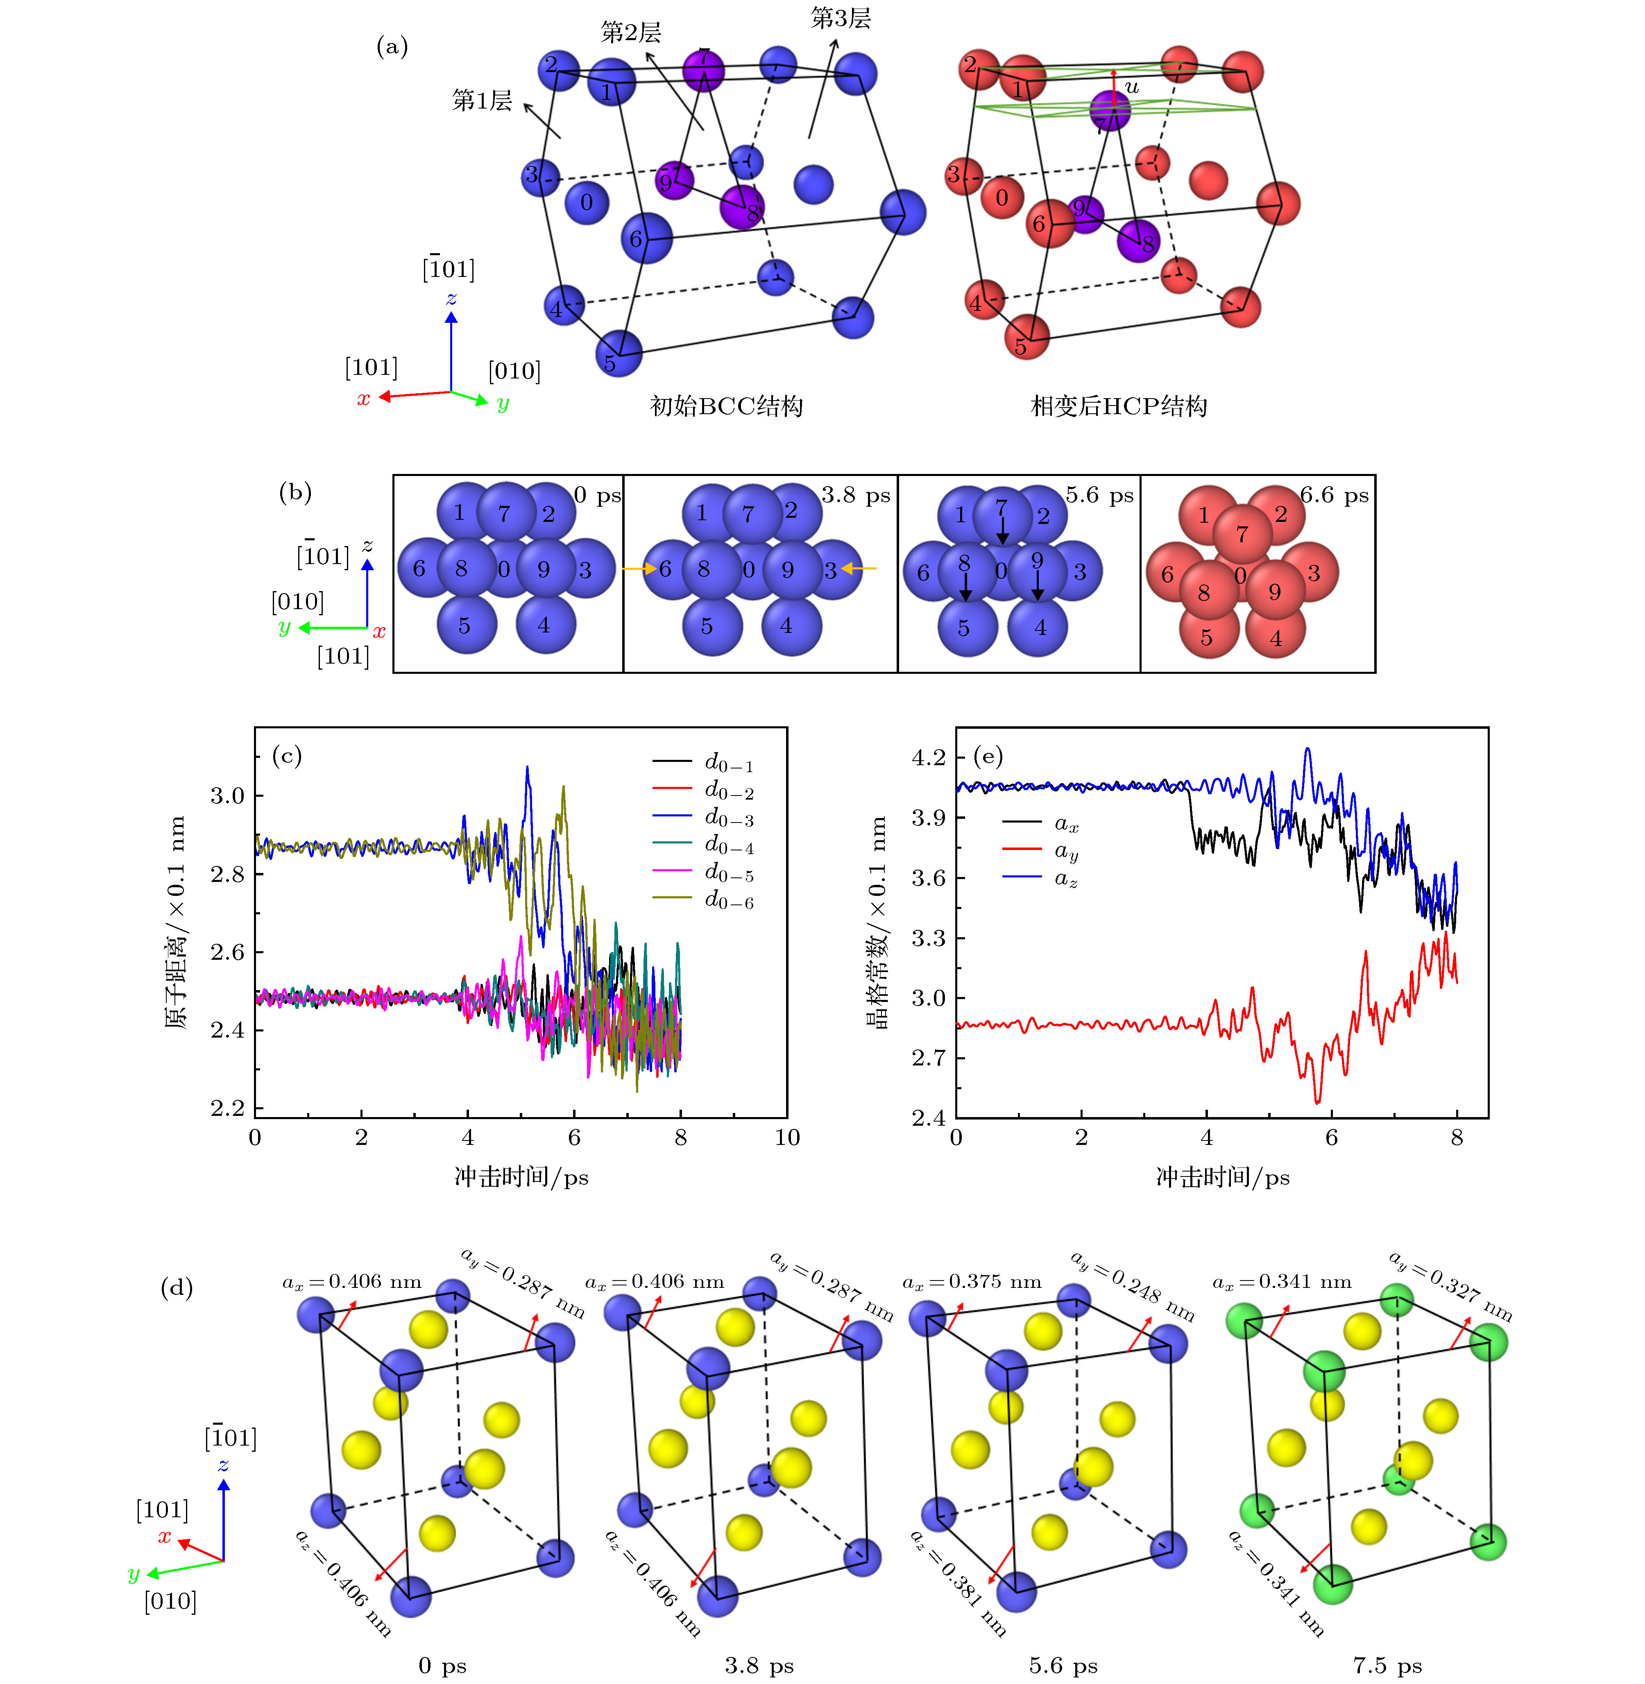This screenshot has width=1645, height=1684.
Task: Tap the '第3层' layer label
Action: [840, 18]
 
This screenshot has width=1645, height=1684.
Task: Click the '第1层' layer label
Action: [481, 100]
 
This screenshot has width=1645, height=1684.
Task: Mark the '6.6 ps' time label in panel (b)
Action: [1334, 495]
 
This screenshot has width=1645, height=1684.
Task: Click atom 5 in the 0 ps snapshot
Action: [466, 626]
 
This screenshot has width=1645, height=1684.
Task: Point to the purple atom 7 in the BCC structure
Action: [703, 69]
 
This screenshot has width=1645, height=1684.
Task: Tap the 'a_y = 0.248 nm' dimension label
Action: [1132, 1286]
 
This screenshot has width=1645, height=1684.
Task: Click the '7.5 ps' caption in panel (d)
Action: [1387, 1665]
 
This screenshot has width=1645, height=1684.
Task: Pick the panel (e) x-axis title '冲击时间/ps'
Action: [1223, 1177]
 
